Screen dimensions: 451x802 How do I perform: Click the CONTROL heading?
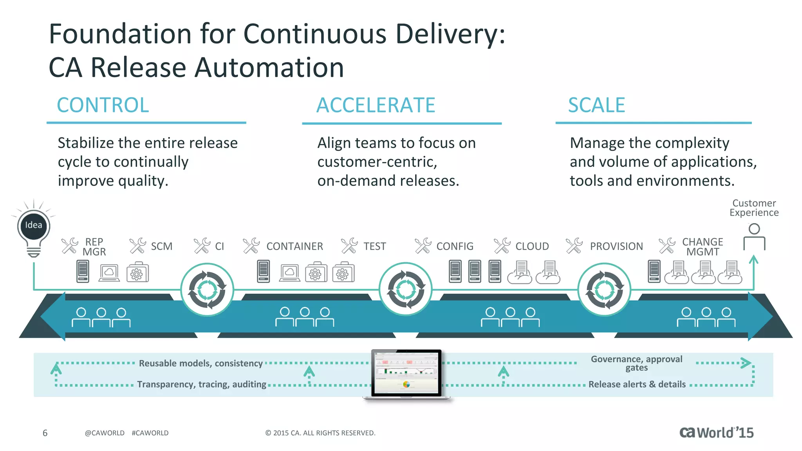[103, 105]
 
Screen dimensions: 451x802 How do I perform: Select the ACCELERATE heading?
[376, 105]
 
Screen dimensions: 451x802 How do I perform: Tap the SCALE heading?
[596, 105]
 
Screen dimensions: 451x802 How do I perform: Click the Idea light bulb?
[34, 227]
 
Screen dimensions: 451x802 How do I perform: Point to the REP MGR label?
[94, 247]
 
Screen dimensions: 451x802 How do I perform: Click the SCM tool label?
[161, 246]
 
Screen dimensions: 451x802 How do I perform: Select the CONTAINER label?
[294, 246]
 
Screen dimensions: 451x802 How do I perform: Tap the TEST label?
[374, 246]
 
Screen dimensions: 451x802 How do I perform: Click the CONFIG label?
[455, 246]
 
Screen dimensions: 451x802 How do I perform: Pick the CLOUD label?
[532, 246]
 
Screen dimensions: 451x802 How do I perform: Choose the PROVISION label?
[616, 246]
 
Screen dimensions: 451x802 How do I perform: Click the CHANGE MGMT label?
[703, 247]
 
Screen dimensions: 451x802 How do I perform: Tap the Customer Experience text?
[754, 208]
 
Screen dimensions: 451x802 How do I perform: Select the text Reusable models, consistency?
[200, 363]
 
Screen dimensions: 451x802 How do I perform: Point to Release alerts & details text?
[637, 384]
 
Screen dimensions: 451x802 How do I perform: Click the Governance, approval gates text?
[636, 363]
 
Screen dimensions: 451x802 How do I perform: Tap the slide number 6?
[45, 433]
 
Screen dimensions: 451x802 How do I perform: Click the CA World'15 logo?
[716, 433]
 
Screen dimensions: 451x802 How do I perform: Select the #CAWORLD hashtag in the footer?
[150, 433]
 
